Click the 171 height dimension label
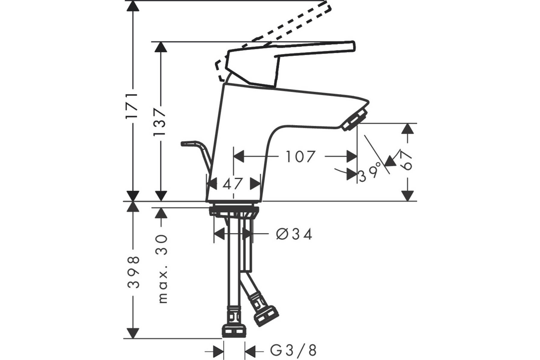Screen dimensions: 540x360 (132, 105)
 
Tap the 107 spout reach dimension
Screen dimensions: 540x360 (301, 157)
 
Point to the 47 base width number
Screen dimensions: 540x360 (232, 184)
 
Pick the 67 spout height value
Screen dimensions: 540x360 (405, 160)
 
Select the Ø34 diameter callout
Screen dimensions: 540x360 (294, 234)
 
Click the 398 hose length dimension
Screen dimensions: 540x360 (133, 272)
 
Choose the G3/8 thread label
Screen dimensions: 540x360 (293, 351)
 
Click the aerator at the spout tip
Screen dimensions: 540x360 (355, 119)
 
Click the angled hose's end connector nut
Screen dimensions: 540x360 (266, 316)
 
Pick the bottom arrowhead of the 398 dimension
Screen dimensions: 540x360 (133, 333)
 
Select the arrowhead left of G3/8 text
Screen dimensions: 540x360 (219, 352)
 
